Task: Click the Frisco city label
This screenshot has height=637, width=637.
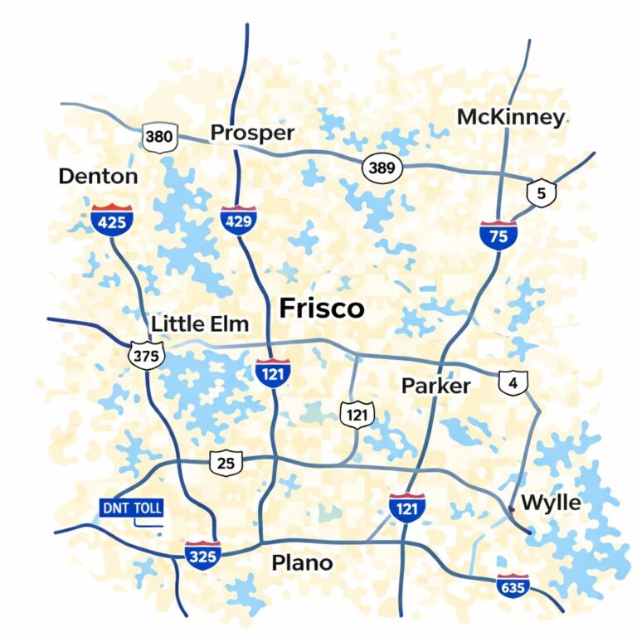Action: (x=322, y=309)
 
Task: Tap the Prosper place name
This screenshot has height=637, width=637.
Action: (x=252, y=133)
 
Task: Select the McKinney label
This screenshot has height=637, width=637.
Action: (x=510, y=118)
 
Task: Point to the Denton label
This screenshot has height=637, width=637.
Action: (x=98, y=177)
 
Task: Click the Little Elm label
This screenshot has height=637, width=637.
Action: (x=200, y=324)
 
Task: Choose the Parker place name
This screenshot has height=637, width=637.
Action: (x=435, y=386)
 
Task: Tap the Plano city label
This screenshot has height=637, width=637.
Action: (x=302, y=563)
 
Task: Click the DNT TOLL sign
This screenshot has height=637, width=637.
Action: (x=131, y=508)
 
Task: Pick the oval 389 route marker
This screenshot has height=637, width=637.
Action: (x=382, y=168)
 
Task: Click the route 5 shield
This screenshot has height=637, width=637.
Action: (x=541, y=194)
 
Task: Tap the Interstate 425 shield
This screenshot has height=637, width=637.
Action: (x=112, y=220)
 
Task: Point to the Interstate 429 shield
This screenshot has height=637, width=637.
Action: (x=239, y=220)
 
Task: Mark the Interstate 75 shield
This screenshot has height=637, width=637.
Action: (x=498, y=235)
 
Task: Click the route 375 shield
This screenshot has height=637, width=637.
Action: (x=147, y=356)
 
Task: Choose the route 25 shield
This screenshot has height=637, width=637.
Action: (x=226, y=463)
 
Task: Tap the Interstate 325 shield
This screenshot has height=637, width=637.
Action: (x=202, y=554)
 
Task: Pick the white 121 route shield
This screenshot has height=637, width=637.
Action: (x=357, y=412)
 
